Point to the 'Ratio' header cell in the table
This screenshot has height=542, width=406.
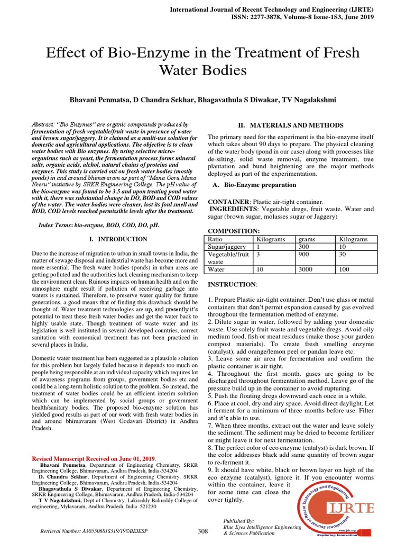click(x=218, y=239)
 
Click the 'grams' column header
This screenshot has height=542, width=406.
click(x=307, y=239)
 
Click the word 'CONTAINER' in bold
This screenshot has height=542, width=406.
click(x=229, y=202)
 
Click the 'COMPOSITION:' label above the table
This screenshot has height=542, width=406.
click(x=233, y=231)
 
